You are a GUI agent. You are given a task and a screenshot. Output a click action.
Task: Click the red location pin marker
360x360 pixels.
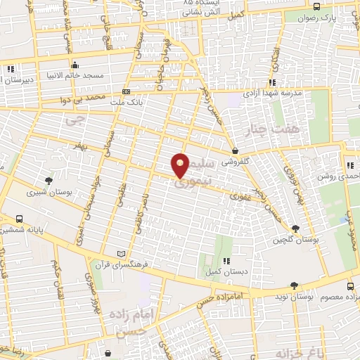(x=181, y=165)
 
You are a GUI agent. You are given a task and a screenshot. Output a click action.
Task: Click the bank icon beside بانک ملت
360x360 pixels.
(x=126, y=91)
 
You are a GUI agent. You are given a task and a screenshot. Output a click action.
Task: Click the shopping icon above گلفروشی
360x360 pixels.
(x=235, y=150)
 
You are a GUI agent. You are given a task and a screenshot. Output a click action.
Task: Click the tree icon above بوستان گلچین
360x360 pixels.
(x=295, y=229)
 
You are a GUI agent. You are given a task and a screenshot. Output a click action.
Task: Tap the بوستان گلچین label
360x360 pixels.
(x=295, y=240)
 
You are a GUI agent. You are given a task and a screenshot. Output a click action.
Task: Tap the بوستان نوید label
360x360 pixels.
(x=296, y=298)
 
